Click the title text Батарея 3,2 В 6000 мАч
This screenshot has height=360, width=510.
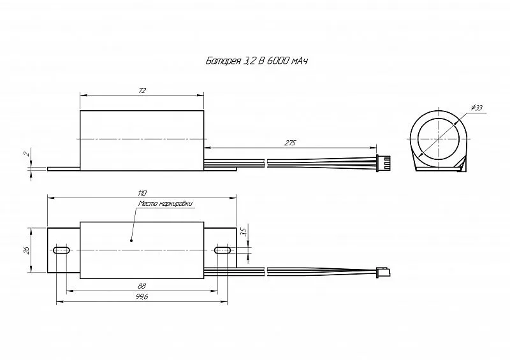(257, 61)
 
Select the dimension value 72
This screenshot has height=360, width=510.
(142, 90)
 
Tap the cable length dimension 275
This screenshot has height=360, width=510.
(290, 143)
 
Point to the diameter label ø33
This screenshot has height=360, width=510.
(476, 108)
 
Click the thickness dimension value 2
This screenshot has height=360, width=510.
(27, 153)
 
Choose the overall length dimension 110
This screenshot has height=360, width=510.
(142, 193)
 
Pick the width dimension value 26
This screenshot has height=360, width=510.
(27, 250)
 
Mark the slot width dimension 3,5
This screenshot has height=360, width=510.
(245, 231)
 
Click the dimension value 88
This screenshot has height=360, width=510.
(142, 286)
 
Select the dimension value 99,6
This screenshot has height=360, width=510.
(142, 297)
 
